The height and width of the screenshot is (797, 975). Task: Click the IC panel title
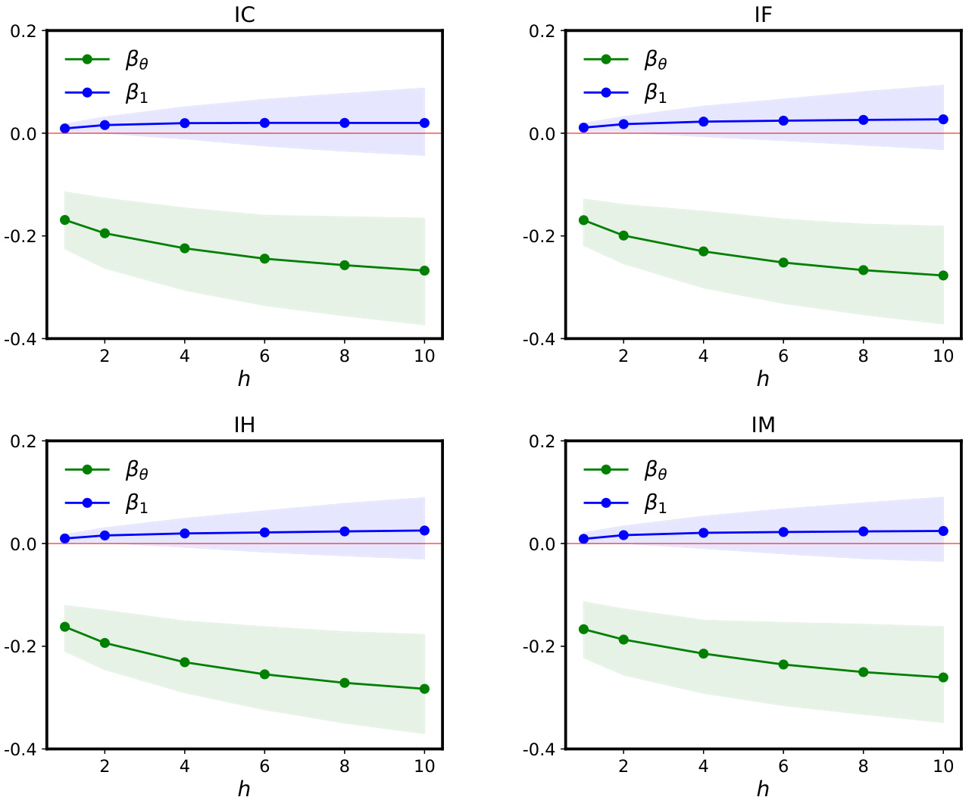pyautogui.click(x=244, y=14)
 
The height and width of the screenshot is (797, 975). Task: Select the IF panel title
pyautogui.click(x=763, y=14)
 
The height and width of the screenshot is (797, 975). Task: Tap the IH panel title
pyautogui.click(x=244, y=425)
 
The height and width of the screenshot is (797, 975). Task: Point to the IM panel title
pyautogui.click(x=763, y=425)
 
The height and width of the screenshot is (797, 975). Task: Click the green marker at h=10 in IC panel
pyautogui.click(x=424, y=271)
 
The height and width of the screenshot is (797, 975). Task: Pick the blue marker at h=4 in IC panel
pyautogui.click(x=185, y=123)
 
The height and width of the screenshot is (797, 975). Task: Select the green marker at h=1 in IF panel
pyautogui.click(x=583, y=220)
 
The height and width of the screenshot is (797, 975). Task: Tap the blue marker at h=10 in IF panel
pyautogui.click(x=943, y=120)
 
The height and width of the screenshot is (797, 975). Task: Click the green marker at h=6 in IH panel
pyautogui.click(x=264, y=674)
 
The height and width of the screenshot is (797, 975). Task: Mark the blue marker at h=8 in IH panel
pyautogui.click(x=345, y=531)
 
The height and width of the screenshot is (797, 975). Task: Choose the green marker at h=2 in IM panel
pyautogui.click(x=623, y=640)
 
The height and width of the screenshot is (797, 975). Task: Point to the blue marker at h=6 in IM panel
pyautogui.click(x=783, y=532)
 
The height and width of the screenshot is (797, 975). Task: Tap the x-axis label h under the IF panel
pyautogui.click(x=763, y=378)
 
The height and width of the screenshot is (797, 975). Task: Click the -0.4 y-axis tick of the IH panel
pyautogui.click(x=22, y=749)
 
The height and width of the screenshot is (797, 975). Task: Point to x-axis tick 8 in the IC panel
pyautogui.click(x=345, y=356)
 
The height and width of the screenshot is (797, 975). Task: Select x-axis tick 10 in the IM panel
pyautogui.click(x=943, y=766)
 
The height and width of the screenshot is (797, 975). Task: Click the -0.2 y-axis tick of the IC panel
pyautogui.click(x=22, y=236)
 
